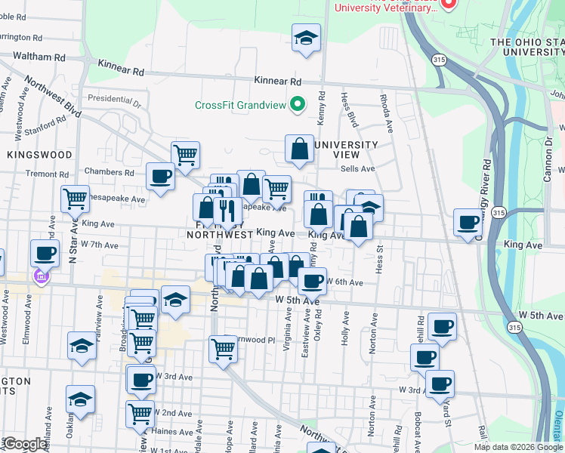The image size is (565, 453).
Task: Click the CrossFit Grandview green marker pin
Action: pos(298,105)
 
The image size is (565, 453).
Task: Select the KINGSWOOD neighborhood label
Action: pos(39,155)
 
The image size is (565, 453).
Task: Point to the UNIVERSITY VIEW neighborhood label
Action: pos(345,149)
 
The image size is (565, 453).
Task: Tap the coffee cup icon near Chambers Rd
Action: pos(160,177)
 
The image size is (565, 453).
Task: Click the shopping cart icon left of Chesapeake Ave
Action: pos(76,199)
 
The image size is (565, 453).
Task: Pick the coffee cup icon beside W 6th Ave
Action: pos(311,282)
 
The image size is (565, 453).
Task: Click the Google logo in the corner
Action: pos(25,444)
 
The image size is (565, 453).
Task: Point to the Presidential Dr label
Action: pos(114,98)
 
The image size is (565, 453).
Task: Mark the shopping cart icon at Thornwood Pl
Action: pos(223,349)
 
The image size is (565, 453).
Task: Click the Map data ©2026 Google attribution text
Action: pos(517,447)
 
